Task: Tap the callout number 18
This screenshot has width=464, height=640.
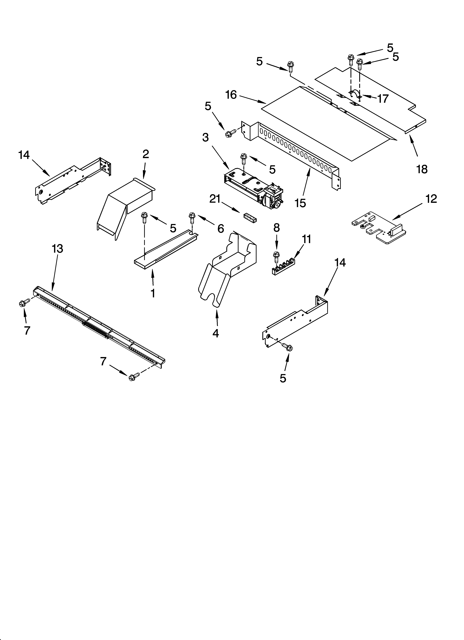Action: coord(422,169)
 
